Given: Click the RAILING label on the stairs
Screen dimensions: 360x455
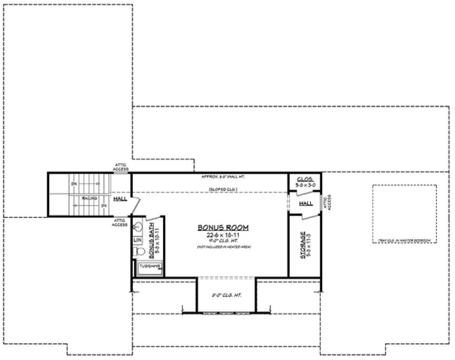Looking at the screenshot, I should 90,198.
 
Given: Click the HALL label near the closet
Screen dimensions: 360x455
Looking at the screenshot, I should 306,203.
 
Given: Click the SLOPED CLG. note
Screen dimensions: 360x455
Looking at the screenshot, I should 223,189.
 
